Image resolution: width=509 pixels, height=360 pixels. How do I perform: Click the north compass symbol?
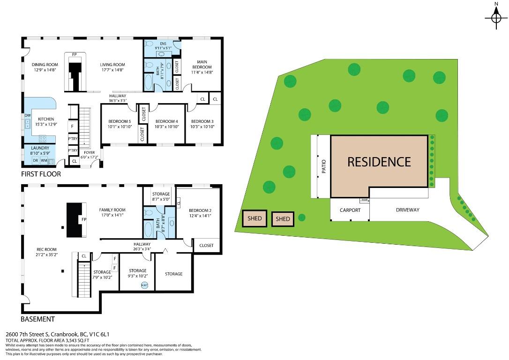(496, 18)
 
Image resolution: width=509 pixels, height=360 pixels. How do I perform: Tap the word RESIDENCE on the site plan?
(379, 162)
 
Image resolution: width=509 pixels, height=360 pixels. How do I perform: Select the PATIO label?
(323, 167)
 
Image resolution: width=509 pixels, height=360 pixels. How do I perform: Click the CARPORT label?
(350, 210)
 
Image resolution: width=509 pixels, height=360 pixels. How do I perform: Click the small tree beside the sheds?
(302, 217)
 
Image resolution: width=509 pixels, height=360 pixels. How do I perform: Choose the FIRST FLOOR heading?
(41, 174)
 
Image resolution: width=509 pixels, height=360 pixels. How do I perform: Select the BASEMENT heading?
(37, 319)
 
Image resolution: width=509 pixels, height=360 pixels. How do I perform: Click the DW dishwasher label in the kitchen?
(28, 115)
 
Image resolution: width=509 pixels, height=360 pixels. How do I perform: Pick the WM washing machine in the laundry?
(44, 161)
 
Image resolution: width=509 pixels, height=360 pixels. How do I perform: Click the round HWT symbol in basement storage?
(145, 285)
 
